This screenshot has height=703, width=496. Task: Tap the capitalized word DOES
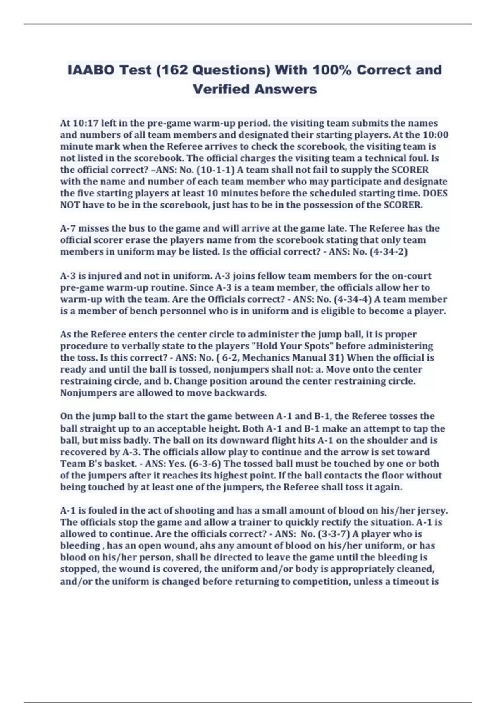click(436, 193)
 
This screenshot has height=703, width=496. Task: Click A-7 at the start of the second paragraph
click(68, 228)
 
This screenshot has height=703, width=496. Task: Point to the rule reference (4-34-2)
click(386, 251)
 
